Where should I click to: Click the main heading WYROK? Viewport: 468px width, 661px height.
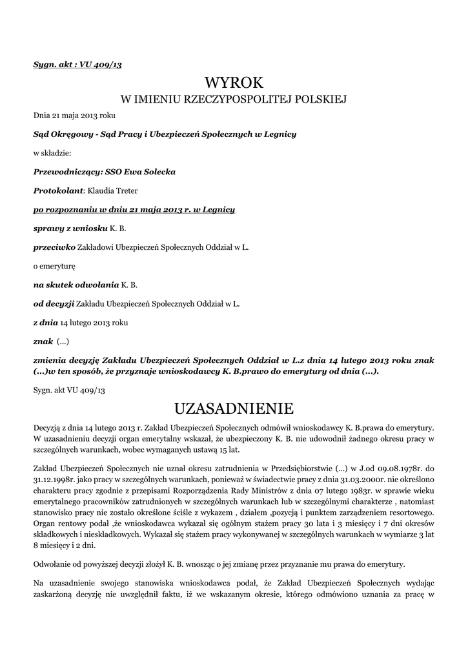coord(234,82)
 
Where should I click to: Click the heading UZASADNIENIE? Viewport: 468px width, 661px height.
coord(234,409)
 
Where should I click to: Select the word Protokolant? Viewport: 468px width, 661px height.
coord(58,191)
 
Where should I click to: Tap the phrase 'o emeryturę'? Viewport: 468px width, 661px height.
coord(54,265)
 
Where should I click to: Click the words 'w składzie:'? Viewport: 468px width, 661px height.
coord(52,154)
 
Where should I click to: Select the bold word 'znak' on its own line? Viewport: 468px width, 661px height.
coord(43,340)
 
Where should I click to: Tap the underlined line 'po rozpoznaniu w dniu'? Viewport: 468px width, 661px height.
coord(134,210)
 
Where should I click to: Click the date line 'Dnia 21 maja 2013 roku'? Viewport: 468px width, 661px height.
coord(74,116)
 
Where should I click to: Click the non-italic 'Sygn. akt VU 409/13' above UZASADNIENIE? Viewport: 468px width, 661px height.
coord(69,391)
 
